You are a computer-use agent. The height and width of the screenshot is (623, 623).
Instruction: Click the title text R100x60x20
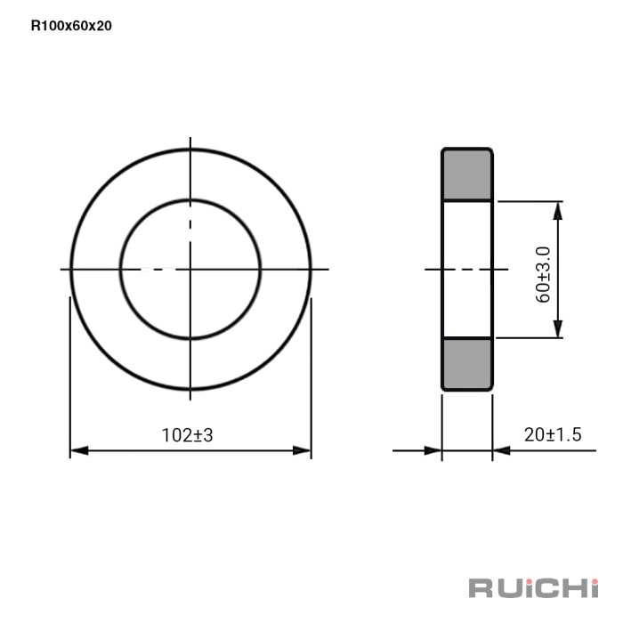tap(71, 26)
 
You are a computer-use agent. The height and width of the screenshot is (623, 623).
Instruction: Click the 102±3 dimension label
tap(187, 435)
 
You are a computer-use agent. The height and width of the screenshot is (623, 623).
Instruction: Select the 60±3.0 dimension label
tap(543, 274)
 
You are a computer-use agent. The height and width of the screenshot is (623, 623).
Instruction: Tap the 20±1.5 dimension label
tap(553, 434)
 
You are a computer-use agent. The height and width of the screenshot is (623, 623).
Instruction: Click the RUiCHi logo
tap(534, 588)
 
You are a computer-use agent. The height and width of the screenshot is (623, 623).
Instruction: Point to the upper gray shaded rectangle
tap(467, 174)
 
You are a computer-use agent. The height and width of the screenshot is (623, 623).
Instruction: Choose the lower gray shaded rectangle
tap(467, 363)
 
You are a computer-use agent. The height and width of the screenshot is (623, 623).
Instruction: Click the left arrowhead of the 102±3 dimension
tap(79, 450)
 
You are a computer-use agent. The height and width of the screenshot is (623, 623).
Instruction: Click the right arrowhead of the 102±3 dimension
tap(302, 450)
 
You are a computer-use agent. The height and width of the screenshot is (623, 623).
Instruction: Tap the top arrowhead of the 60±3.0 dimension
tap(558, 211)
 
